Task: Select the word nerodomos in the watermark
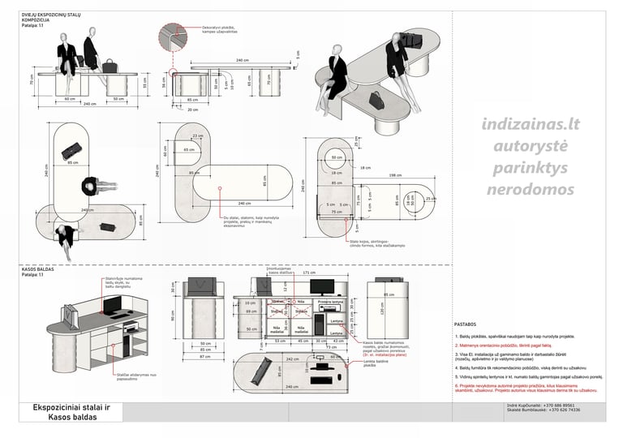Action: (x=530, y=190)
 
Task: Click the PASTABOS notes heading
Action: (x=466, y=324)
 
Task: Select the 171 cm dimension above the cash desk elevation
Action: (x=308, y=273)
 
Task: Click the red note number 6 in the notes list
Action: (x=457, y=385)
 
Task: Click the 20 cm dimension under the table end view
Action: (x=192, y=109)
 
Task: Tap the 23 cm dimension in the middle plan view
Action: (x=198, y=135)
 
